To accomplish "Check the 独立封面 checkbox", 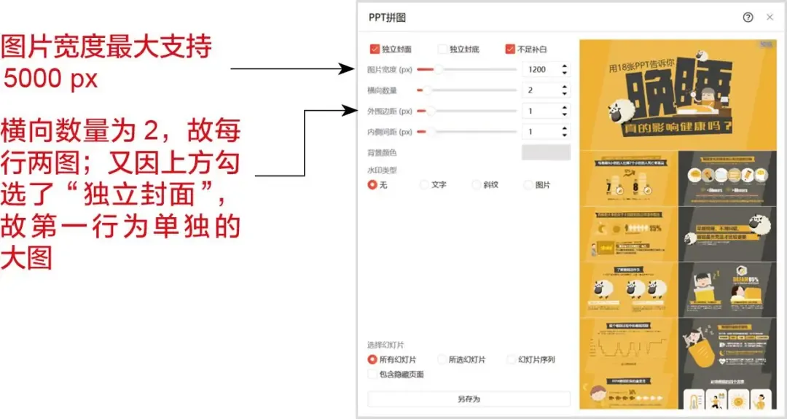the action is pos(375,50).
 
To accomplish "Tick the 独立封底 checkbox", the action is pos(442,50).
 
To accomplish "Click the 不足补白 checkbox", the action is pos(510,50).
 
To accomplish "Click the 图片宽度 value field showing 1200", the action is pos(540,70).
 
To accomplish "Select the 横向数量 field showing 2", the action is pos(540,90).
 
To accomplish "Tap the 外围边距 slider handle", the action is pos(431,111).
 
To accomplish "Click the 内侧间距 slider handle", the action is pos(431,132).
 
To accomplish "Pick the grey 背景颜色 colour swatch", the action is pos(546,152).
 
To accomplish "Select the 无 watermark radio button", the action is pos(373,185).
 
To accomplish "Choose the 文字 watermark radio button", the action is pos(425,185).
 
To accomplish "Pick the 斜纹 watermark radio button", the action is pos(477,185).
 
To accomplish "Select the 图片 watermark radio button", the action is pos(528,185).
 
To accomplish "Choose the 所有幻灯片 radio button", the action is pos(373,359).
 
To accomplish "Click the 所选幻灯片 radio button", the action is pos(442,359).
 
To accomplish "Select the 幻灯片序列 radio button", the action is pos(511,359).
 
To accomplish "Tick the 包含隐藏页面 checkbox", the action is pos(373,375).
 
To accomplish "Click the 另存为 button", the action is pos(469,399).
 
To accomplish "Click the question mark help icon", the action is pos(748,17).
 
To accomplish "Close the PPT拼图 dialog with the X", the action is pos(770,17).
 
